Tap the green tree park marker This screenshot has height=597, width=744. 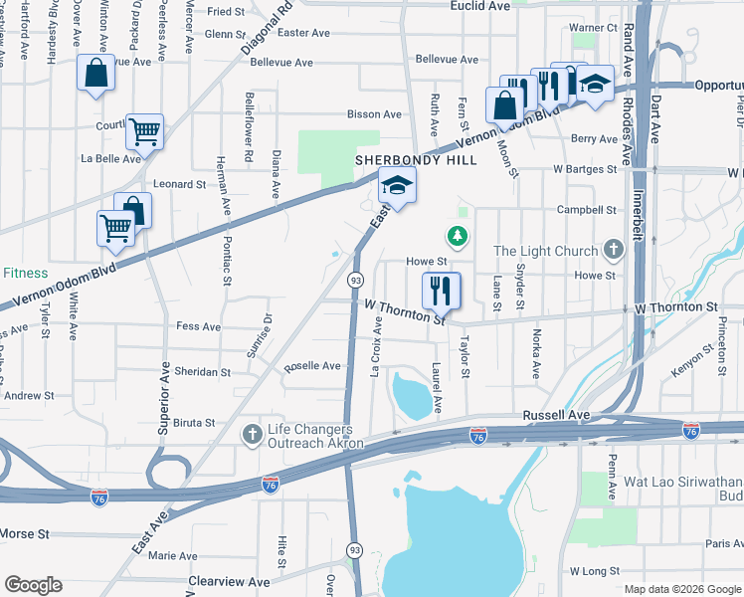457,236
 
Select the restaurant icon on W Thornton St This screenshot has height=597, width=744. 441,290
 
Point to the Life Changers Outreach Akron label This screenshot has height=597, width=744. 316,436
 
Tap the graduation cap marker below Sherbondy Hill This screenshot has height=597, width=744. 396,186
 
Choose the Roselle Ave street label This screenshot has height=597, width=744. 312,366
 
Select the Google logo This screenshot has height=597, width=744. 33,584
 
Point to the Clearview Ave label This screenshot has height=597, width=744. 230,580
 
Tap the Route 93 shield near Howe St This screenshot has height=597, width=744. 355,282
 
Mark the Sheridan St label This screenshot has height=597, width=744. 203,371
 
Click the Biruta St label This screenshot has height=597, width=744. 194,423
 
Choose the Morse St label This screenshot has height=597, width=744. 25,533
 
